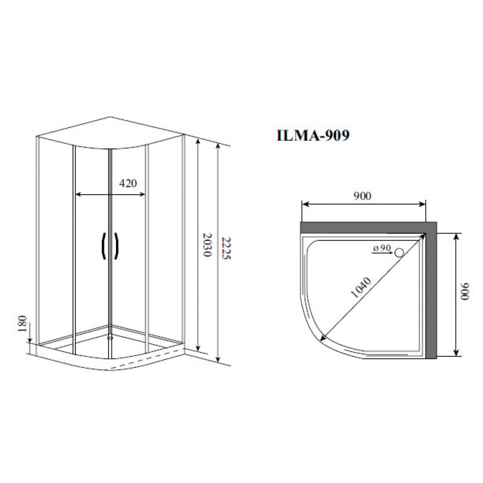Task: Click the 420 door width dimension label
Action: [128, 184]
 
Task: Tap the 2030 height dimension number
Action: [207, 245]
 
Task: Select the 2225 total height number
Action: [226, 248]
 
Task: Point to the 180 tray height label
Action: [22, 324]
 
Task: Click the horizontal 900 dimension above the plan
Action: [362, 196]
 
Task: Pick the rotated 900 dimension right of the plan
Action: [464, 291]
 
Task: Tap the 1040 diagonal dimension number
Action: [361, 287]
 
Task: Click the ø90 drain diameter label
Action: [382, 248]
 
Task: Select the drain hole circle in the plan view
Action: [399, 252]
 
